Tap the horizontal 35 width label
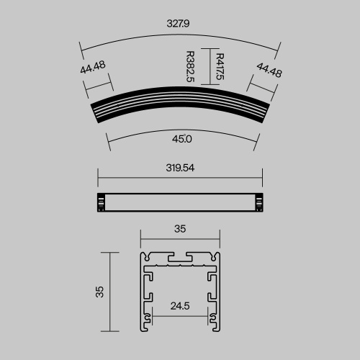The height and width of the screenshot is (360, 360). coord(180,229)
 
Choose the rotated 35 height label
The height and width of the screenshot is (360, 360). coord(99,292)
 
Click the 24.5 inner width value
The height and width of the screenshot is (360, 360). coord(180,305)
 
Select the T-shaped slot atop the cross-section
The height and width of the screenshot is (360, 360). coord(180,256)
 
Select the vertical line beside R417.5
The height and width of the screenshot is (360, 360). coord(203,66)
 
